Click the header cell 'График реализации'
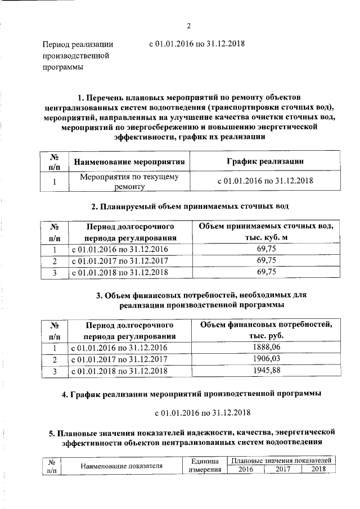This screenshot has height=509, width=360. click(x=265, y=161)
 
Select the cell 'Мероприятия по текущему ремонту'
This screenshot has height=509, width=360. click(x=130, y=182)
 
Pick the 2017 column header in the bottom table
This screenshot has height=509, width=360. click(x=283, y=470)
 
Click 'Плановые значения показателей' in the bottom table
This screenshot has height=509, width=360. click(x=282, y=461)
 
